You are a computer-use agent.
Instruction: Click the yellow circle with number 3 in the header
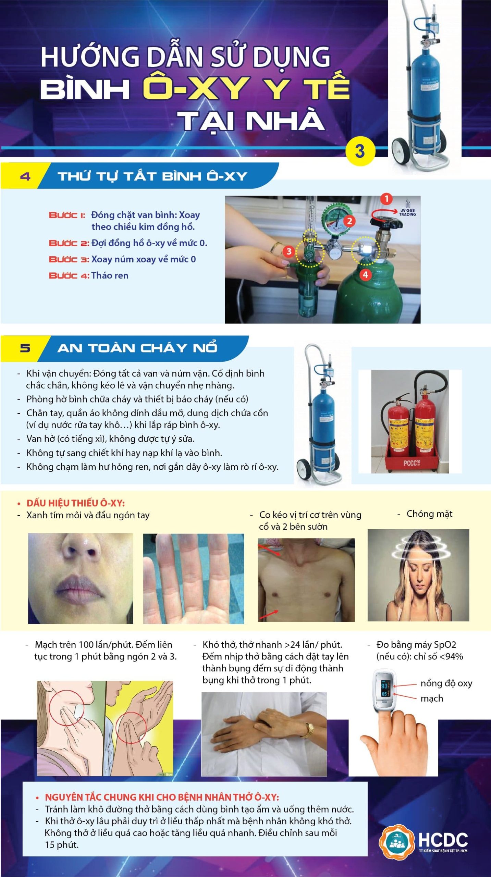360,151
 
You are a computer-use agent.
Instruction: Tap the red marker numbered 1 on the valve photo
386,199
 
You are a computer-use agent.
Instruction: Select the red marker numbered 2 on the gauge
349,221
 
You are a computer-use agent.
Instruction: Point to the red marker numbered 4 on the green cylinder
366,274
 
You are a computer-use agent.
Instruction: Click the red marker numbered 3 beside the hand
289,251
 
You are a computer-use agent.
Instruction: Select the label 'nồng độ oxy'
446,683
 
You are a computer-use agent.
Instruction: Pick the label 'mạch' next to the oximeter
432,699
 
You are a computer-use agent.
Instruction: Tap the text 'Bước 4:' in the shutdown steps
69,276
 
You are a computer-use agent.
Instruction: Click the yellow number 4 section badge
25,176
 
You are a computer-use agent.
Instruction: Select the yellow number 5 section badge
25,348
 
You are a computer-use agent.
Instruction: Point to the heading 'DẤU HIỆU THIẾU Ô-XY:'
75,503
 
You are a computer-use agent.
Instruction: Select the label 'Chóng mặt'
429,514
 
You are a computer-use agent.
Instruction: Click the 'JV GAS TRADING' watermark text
407,212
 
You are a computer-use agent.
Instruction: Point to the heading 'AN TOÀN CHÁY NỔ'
137,348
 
